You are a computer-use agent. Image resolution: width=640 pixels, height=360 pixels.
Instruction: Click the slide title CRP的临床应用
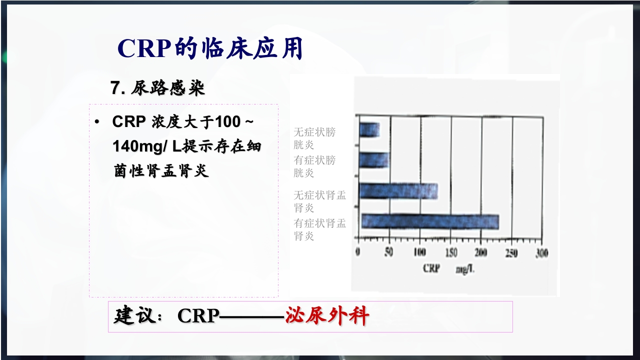coord(210,48)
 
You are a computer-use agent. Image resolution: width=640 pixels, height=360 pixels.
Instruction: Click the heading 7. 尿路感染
coord(158,88)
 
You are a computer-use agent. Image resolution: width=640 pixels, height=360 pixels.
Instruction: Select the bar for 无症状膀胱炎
coord(369,130)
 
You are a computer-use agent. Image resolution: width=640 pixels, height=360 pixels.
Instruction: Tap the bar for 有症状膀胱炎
coord(374,160)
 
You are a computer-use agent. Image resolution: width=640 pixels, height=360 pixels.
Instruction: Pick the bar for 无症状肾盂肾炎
coord(398,191)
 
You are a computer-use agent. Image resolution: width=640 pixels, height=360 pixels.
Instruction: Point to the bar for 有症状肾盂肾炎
coord(430,221)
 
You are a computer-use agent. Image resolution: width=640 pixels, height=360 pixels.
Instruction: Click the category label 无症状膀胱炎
coord(314,138)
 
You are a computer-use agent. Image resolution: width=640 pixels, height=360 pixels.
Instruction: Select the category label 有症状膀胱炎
coord(314,166)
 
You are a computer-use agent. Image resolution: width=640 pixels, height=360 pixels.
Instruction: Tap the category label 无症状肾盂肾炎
coord(319,201)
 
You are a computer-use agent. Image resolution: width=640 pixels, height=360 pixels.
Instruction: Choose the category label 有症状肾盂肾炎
coord(319,229)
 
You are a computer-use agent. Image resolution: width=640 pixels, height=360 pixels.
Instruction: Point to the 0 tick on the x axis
coord(357,252)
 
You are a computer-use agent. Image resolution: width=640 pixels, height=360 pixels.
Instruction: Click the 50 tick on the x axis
coord(388,252)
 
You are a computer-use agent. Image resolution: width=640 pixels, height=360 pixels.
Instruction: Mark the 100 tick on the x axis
coord(419,252)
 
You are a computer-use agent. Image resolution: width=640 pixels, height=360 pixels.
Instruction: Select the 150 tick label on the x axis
coord(450,252)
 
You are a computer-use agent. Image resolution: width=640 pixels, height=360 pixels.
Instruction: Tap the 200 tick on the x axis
coord(481,252)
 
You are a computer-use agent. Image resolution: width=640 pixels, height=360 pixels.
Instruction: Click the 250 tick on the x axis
coord(511,252)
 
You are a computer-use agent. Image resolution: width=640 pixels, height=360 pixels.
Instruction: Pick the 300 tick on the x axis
coord(541,252)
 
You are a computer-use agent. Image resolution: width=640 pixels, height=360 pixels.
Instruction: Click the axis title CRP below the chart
coord(431,268)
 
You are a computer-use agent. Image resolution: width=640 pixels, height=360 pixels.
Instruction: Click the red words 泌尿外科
coord(327,316)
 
